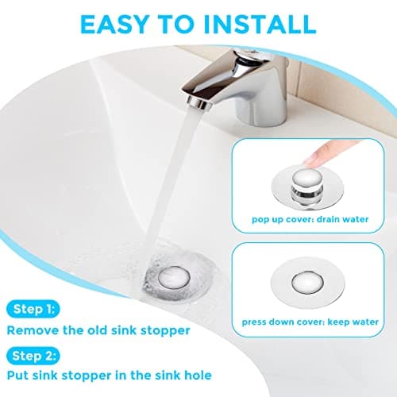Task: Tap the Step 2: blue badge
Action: (x=32, y=356)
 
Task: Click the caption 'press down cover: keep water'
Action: (x=306, y=323)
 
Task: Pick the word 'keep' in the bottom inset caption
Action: (x=332, y=323)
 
